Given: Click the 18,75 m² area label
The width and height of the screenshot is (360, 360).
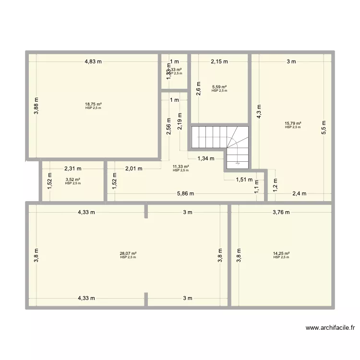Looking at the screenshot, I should click(94, 104).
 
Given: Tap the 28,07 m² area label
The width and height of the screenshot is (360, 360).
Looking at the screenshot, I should click(128, 253).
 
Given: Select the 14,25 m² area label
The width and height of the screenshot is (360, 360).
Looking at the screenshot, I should click(281, 253).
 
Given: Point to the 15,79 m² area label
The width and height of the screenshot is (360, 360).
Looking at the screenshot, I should click(293, 123).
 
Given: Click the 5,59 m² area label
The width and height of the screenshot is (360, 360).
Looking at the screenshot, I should click(219, 87).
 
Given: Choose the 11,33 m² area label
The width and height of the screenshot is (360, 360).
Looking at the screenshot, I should click(181, 167).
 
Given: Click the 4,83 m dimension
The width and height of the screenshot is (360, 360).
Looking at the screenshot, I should click(94, 61).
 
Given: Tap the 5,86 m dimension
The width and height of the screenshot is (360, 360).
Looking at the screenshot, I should click(185, 194).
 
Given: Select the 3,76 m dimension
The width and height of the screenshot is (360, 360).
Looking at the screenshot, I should click(281, 212).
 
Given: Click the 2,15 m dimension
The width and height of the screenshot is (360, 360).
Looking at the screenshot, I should click(219, 61).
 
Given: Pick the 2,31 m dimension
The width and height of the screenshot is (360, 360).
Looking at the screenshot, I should click(73, 168).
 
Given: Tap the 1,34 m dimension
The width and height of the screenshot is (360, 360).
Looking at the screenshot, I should click(207, 158).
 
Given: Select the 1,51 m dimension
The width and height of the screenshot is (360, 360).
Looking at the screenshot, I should click(244, 180).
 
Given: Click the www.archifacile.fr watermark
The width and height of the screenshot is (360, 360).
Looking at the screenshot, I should click(330, 328).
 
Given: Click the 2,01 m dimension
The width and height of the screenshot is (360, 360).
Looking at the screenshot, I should click(134, 168).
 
